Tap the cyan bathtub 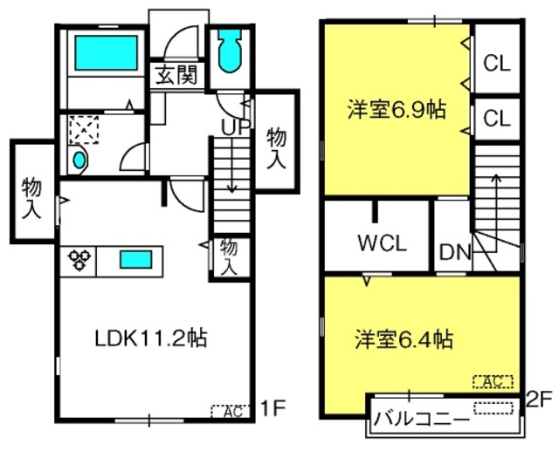[107, 52]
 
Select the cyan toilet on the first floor [230, 51]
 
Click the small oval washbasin [79, 160]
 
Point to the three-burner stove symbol [79, 260]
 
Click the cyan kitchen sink [136, 259]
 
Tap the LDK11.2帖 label [151, 338]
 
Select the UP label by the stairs [235, 126]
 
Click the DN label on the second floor [455, 252]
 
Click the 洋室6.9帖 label [397, 110]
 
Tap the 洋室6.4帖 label [404, 338]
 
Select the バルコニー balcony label [422, 420]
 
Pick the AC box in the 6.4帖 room [493, 382]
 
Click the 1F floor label [273, 408]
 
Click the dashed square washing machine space [84, 130]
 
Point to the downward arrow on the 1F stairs [232, 165]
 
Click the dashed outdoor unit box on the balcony [493, 408]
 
